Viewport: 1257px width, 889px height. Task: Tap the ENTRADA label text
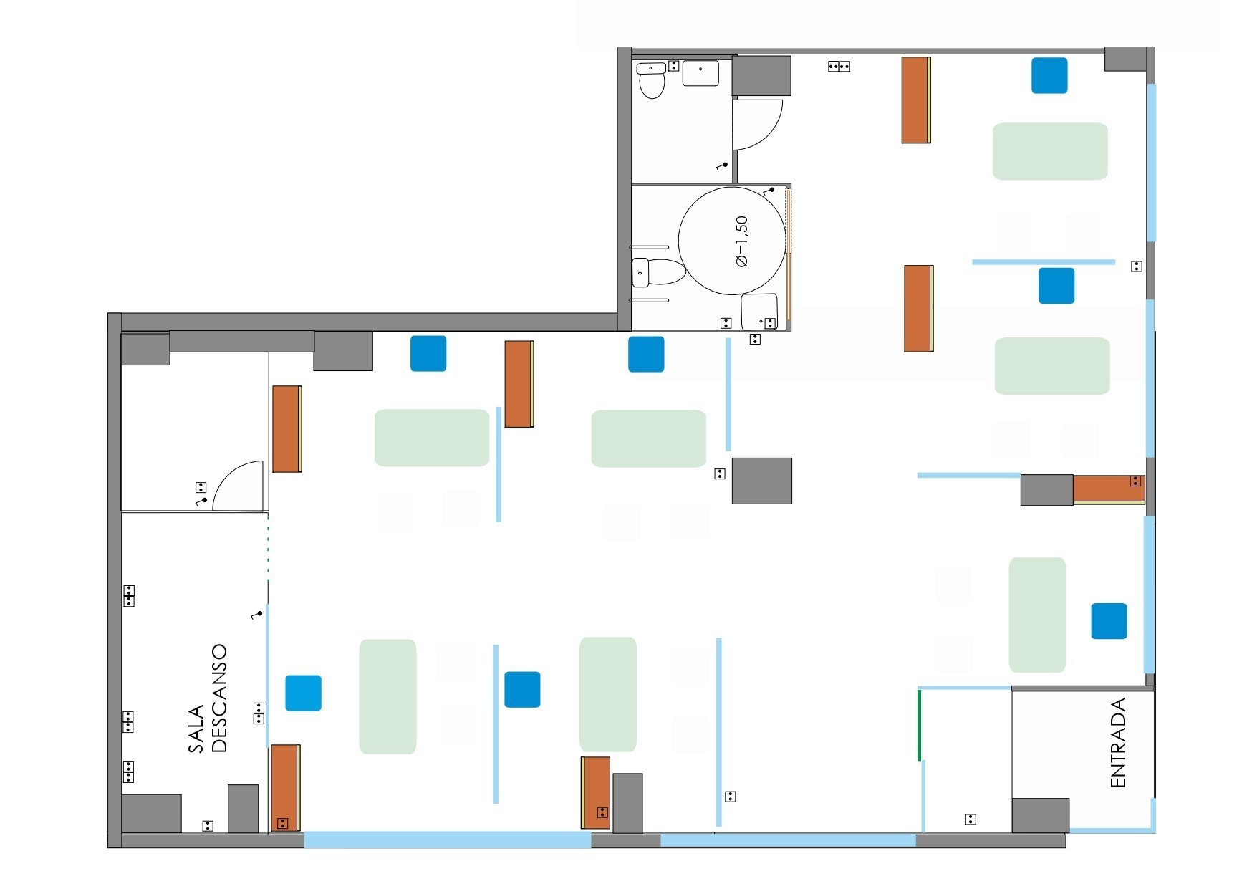(1118, 743)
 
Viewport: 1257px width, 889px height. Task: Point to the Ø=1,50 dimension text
(741, 241)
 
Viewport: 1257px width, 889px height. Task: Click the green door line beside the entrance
(919, 724)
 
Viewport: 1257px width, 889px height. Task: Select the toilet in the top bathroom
(652, 81)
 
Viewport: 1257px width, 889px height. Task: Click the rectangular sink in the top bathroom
(700, 73)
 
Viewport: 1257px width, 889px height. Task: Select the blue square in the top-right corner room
(1049, 75)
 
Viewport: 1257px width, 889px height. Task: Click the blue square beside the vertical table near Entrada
(1109, 621)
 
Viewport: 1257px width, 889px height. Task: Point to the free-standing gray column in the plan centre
(761, 481)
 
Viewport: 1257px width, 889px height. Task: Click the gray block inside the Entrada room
(1040, 815)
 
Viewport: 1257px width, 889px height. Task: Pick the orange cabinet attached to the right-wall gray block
(1108, 489)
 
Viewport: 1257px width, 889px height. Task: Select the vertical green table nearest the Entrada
(1037, 615)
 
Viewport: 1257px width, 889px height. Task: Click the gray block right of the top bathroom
(761, 76)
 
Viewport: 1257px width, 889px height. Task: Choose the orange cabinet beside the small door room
(286, 428)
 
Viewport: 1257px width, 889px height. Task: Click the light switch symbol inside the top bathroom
(723, 166)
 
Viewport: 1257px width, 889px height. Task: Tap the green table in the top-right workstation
(1049, 151)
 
